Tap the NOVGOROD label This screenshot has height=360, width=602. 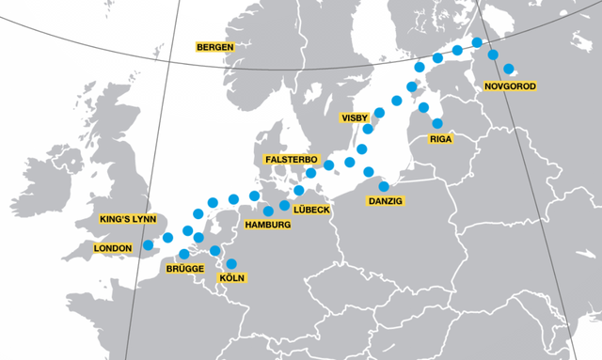[x=509, y=86]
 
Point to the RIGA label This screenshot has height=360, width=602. [x=440, y=139]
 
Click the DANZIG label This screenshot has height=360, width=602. [x=386, y=201]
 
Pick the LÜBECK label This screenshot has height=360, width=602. [x=311, y=209]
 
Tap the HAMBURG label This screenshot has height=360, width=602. [x=267, y=225]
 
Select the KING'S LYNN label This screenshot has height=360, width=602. [x=131, y=219]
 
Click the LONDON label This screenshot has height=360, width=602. [x=118, y=248]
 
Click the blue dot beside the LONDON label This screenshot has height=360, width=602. [x=148, y=246]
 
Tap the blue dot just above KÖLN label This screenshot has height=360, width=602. [x=231, y=264]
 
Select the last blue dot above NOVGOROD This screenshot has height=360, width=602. [x=509, y=69]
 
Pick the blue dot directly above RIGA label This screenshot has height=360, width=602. [x=436, y=122]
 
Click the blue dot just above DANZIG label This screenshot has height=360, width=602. [x=384, y=186]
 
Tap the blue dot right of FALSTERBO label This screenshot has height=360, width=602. [x=331, y=165]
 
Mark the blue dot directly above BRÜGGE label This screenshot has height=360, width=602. [x=183, y=253]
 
